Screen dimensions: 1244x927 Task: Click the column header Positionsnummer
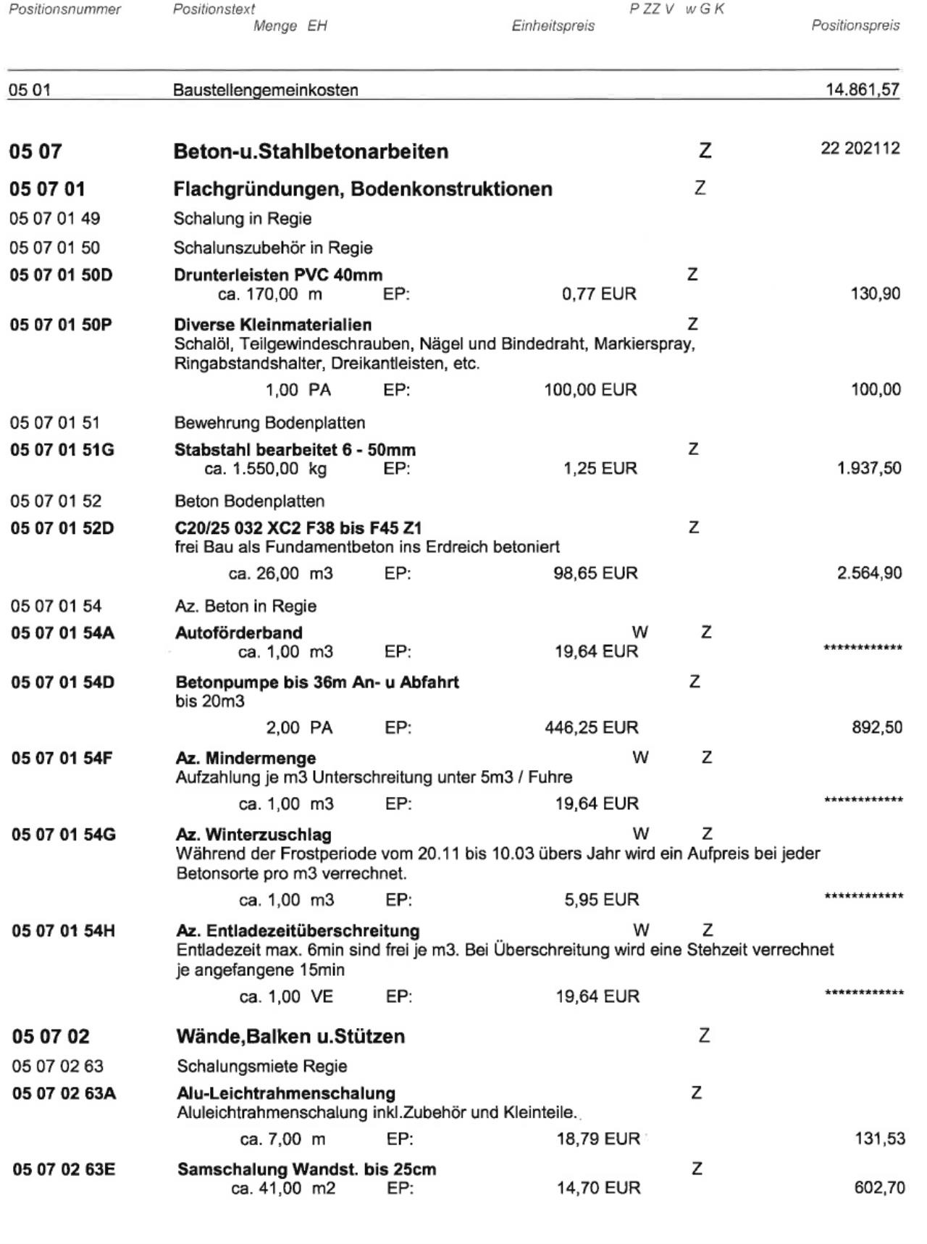pos(64,9)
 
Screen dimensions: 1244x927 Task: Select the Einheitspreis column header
pos(553,26)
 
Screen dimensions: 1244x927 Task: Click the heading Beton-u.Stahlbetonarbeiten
pos(311,151)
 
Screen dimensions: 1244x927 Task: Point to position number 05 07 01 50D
pos(61,275)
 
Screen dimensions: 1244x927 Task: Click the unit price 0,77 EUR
pos(599,294)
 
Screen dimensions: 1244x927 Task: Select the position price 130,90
pos(876,294)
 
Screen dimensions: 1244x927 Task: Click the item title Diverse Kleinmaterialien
pos(272,325)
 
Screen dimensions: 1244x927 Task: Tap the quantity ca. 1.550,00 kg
pos(265,469)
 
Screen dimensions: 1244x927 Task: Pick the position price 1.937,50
pos(869,469)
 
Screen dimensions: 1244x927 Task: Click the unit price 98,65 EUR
pos(595,574)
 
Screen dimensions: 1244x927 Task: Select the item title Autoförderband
pos(238,633)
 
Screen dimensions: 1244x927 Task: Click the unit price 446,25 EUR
pos(591,727)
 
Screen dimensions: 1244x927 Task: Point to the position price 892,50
pos(876,727)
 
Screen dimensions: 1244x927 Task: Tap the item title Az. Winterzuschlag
pos(253,835)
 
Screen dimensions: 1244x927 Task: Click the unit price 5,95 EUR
pos(601,900)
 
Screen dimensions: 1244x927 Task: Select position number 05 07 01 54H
pos(63,931)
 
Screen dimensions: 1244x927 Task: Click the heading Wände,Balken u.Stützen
pos(290,1037)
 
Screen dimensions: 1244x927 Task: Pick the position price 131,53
pos(879,1139)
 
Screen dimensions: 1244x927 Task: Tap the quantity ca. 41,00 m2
pos(283,1188)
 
